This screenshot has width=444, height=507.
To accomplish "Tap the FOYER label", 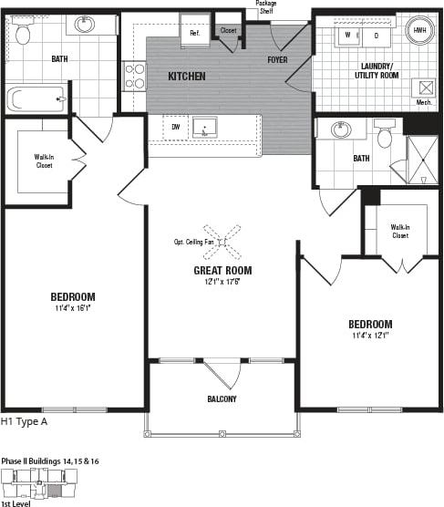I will [x=277, y=60].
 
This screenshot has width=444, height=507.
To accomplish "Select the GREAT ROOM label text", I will [x=222, y=271].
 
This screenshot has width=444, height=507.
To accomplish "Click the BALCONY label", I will [x=222, y=399].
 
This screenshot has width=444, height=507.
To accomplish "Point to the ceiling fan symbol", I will [x=222, y=242].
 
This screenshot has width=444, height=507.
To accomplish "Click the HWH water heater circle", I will [x=419, y=30].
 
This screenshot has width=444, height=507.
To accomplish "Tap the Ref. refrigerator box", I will [x=194, y=33].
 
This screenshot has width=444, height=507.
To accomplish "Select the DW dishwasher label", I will [x=176, y=127].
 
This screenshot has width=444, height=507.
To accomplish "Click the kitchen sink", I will [x=203, y=128].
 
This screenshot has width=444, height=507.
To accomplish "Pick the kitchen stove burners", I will [x=135, y=76].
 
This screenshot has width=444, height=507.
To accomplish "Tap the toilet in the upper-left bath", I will [x=24, y=34].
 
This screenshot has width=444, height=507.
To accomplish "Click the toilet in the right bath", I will [x=385, y=136].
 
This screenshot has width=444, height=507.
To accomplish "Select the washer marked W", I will [x=347, y=36].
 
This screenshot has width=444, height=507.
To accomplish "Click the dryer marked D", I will [x=376, y=36].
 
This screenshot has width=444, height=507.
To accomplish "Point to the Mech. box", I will [x=424, y=90].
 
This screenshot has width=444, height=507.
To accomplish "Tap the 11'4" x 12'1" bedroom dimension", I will [x=369, y=336].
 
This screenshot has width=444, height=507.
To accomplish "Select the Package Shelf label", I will [x=265, y=8].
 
